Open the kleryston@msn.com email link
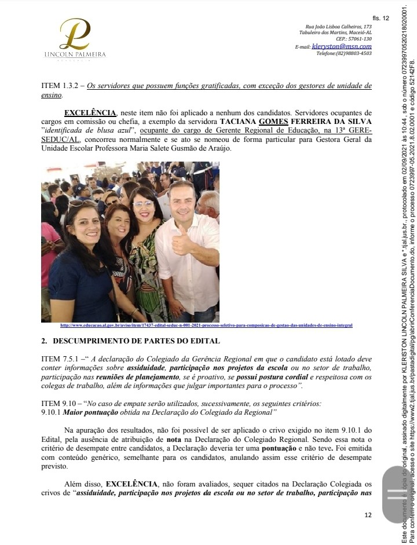[342, 46]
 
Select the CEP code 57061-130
[354, 39]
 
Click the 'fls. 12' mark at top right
[382, 19]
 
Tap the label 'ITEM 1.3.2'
[60, 86]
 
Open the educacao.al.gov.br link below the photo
[206, 325]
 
